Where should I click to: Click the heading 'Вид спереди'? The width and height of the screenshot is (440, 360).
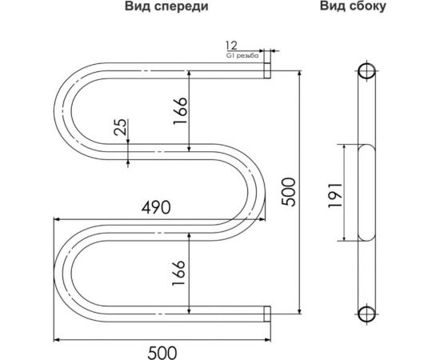(x=166, y=9)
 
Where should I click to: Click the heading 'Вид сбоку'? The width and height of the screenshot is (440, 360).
(x=353, y=9)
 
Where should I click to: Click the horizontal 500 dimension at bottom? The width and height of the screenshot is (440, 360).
(x=162, y=350)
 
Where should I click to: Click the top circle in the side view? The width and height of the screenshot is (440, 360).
(x=367, y=71)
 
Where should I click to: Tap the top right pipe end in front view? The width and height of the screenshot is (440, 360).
(x=267, y=71)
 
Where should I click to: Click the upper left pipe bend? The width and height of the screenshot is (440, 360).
(x=64, y=110)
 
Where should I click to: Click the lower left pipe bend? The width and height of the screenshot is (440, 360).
(x=64, y=274)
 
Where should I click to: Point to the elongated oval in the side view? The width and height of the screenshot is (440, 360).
(x=367, y=192)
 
